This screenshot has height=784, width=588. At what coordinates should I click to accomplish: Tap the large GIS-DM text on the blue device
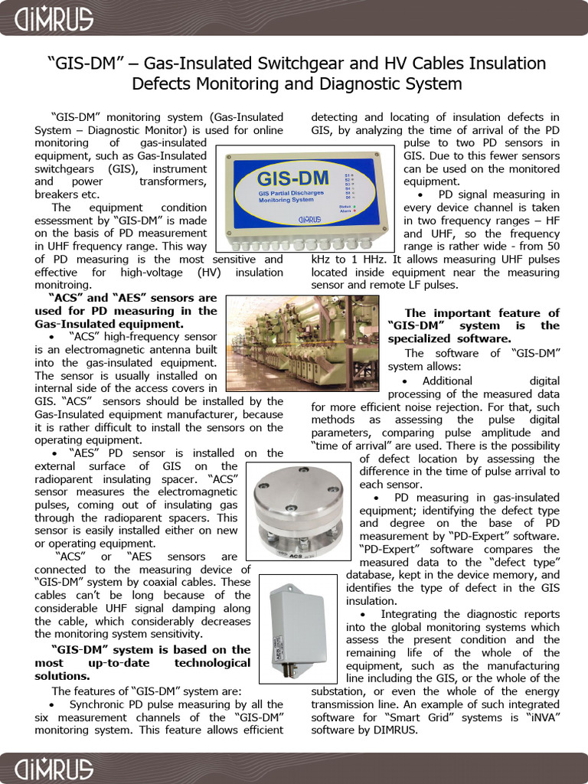click(x=293, y=179)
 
